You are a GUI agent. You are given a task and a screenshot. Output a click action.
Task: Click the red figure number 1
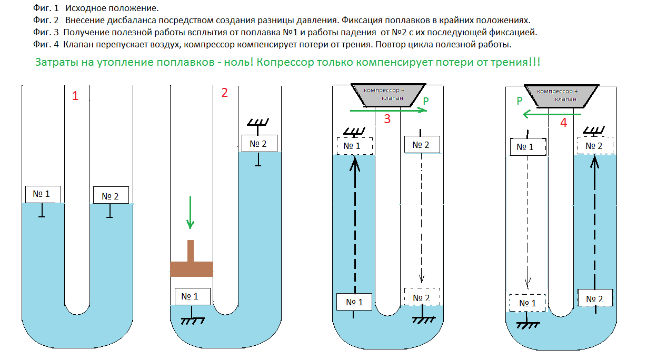75,96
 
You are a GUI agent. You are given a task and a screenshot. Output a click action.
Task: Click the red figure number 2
225,93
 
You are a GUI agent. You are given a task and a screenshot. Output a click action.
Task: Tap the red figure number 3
387,119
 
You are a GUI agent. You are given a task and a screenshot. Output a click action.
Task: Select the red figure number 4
563,122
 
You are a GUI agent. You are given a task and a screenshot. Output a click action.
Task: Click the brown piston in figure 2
192,264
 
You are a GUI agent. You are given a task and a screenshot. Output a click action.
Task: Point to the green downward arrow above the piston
191,213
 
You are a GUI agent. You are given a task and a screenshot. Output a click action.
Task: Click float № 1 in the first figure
43,194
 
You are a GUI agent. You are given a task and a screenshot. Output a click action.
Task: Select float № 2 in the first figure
111,195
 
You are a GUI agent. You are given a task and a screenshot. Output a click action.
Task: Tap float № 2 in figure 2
260,143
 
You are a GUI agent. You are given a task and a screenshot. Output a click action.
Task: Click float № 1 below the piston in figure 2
192,296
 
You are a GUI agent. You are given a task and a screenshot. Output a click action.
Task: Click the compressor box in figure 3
389,95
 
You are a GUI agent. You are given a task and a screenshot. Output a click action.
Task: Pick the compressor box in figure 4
561,96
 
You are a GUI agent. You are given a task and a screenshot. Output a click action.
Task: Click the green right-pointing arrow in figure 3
389,111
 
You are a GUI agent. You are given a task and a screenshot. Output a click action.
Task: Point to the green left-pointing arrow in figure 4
552,114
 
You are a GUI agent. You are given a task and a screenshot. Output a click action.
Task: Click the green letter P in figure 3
426,101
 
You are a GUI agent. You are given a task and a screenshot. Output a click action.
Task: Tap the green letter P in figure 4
520,101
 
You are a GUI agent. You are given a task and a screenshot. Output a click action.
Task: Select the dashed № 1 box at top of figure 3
355,146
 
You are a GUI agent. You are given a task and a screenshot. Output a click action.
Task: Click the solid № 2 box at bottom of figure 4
595,298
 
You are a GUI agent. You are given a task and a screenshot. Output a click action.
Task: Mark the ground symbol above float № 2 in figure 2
258,123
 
